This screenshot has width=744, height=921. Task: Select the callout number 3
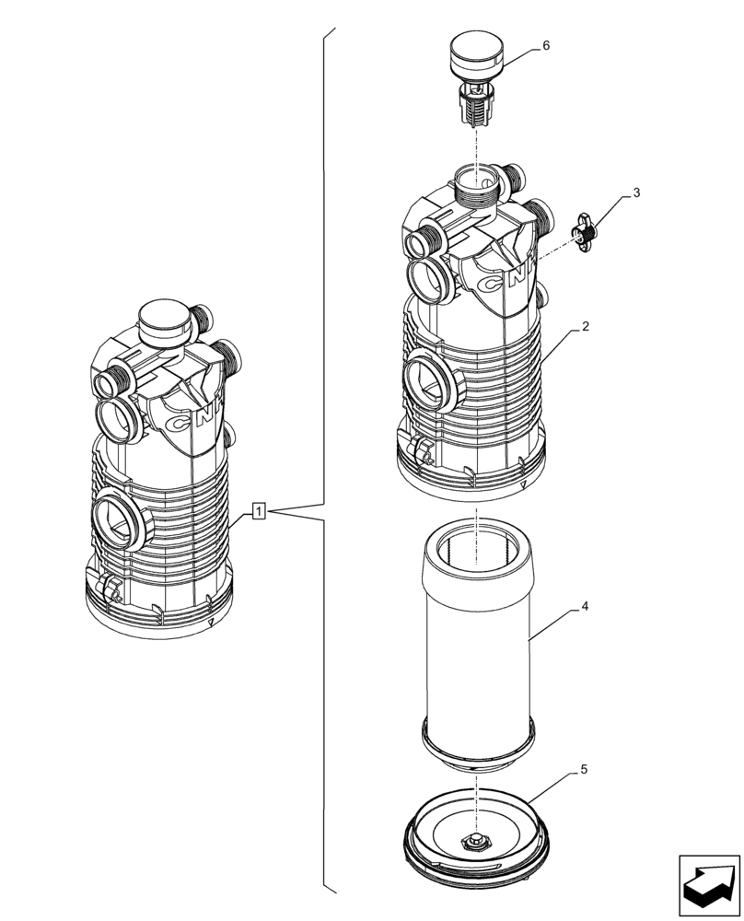click(635, 194)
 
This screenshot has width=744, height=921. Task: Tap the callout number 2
click(584, 327)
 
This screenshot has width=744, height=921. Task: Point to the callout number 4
click(584, 608)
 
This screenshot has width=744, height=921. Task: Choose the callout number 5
click(584, 768)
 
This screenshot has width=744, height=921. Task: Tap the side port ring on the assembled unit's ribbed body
click(118, 520)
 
